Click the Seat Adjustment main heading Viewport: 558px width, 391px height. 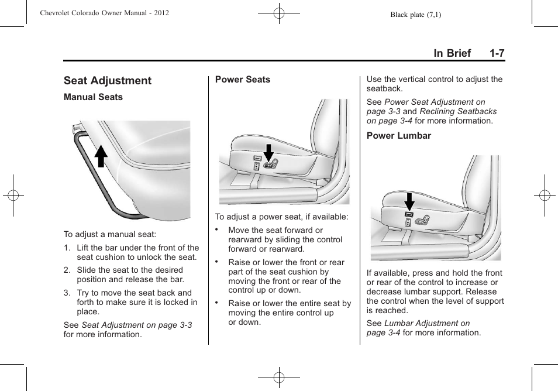point(107,81)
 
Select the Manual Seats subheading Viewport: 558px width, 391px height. point(93,97)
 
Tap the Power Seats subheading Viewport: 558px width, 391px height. point(243,80)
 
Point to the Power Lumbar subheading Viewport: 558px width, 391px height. point(398,136)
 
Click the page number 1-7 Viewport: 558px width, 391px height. point(497,53)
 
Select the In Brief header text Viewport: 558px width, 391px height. point(452,53)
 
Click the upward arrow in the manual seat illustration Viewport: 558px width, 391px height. point(101,156)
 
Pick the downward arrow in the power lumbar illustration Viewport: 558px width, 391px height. point(409,201)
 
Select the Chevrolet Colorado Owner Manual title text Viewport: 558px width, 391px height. point(105,13)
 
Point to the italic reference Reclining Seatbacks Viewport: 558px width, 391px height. point(458,111)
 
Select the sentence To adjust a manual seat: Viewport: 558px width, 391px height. point(110,235)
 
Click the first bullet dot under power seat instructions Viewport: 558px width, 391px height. point(216,229)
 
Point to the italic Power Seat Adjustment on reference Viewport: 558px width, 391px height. point(435,102)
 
